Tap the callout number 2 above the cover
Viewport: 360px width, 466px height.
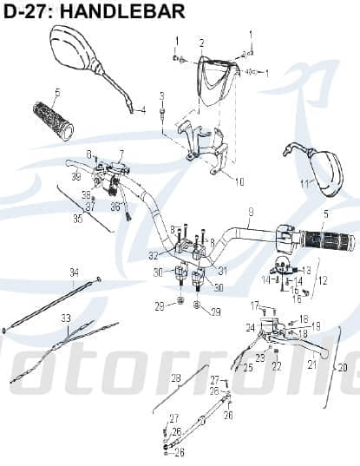(x=201, y=43)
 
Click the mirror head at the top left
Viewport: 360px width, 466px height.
(x=73, y=48)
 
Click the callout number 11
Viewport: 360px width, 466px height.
(x=304, y=184)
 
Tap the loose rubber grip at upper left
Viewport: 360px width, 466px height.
(x=53, y=121)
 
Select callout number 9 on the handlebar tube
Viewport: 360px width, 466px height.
(x=250, y=213)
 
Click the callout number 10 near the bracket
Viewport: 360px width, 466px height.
(x=239, y=182)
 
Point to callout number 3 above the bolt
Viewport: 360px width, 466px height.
(x=161, y=95)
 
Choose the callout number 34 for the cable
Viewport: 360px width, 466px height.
(x=73, y=272)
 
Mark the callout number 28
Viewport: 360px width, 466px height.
(x=175, y=378)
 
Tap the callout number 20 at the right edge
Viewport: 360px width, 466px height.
(x=342, y=367)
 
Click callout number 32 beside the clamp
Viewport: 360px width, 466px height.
(x=153, y=256)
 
